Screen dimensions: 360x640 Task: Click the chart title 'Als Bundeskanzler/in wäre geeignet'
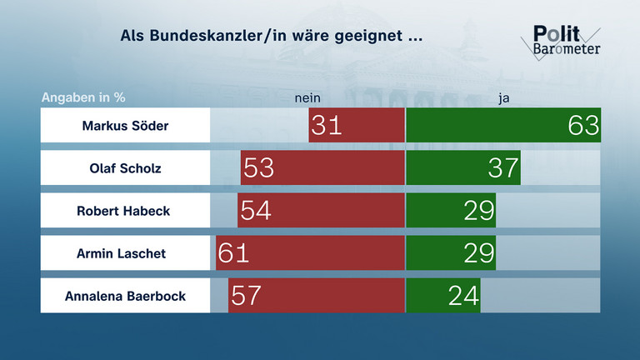coord(272,37)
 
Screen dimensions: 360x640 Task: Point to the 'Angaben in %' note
coord(83,97)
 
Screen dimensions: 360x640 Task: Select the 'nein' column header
coord(307,97)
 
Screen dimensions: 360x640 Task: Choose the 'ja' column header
coord(503,97)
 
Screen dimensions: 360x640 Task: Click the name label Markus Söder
coord(125,126)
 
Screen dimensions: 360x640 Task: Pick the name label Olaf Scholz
coord(125,168)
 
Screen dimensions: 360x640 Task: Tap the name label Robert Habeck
coord(125,211)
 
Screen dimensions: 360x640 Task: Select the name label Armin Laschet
coord(125,252)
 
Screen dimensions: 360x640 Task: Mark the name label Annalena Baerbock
coord(125,295)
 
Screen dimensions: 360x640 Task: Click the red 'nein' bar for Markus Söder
coord(357,126)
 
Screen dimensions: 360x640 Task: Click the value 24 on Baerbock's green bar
coord(463,296)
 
